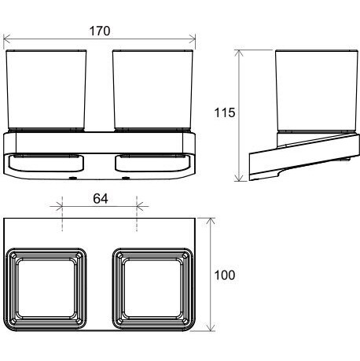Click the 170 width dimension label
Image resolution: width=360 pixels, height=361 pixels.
pyautogui.click(x=100, y=31)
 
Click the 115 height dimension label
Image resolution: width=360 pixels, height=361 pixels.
pyautogui.click(x=225, y=112)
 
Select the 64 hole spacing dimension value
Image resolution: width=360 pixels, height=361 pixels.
pyautogui.click(x=101, y=199)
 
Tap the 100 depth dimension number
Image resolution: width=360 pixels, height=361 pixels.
pyautogui.click(x=225, y=275)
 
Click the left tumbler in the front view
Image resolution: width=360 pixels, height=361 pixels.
pyautogui.click(x=46, y=90)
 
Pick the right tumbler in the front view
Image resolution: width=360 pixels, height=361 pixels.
pyautogui.click(x=153, y=90)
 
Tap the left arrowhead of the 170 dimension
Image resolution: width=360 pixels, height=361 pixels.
pyautogui.click(x=6, y=39)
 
